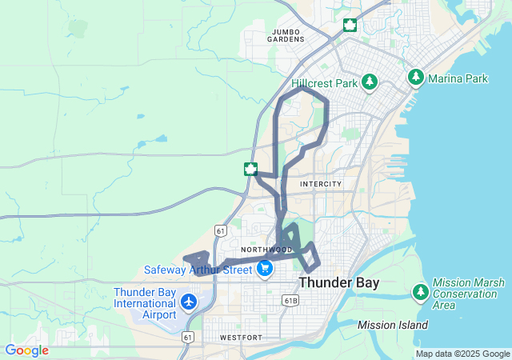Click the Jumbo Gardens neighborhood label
[x=286, y=34]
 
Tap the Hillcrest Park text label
[x=324, y=82]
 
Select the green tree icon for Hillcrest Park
[x=369, y=81]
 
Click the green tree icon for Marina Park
[x=415, y=78]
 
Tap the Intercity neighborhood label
[x=321, y=184]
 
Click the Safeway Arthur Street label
[x=198, y=270]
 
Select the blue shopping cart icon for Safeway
[x=265, y=270]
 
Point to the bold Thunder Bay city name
[x=339, y=283]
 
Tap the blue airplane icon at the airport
[x=189, y=302]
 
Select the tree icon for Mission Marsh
[x=421, y=291]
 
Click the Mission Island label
[x=392, y=325]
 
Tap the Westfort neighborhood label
[x=240, y=338]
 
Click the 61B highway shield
[x=291, y=301]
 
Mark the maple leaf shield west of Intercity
[x=251, y=168]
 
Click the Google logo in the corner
[x=26, y=350]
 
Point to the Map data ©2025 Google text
[x=462, y=354]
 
